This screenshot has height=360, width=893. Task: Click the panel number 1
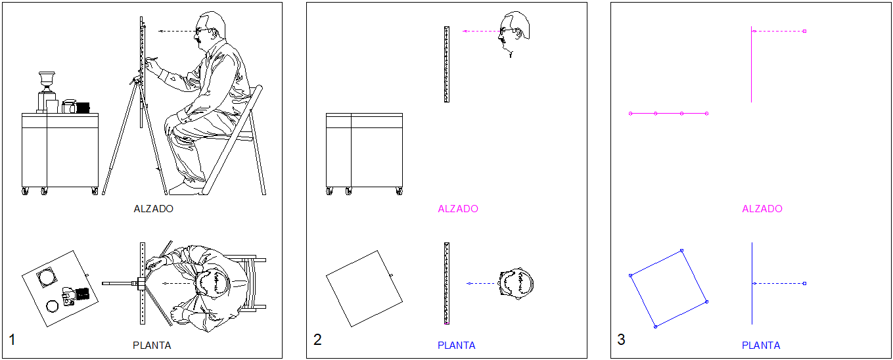tap(12, 340)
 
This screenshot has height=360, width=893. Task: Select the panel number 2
tap(317, 340)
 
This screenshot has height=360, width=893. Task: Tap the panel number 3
tap(621, 340)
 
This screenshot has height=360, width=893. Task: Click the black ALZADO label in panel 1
tap(154, 209)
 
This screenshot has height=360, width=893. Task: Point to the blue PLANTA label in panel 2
tap(457, 346)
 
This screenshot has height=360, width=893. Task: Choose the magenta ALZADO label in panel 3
tap(762, 209)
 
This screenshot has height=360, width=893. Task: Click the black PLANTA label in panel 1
tap(152, 346)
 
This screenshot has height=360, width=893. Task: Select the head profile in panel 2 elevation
tap(514, 32)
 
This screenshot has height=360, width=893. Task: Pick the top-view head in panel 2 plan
tap(516, 283)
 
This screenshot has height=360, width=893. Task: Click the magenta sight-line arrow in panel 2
tap(482, 31)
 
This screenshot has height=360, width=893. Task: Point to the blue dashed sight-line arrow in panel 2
tap(482, 283)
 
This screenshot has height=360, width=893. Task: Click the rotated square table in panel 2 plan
tap(365, 288)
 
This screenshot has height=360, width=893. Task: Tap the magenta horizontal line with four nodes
tap(668, 114)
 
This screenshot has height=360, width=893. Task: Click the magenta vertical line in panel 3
tap(752, 64)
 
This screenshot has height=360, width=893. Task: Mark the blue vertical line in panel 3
tap(752, 283)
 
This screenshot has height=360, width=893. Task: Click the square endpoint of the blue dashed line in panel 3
tap(804, 283)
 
